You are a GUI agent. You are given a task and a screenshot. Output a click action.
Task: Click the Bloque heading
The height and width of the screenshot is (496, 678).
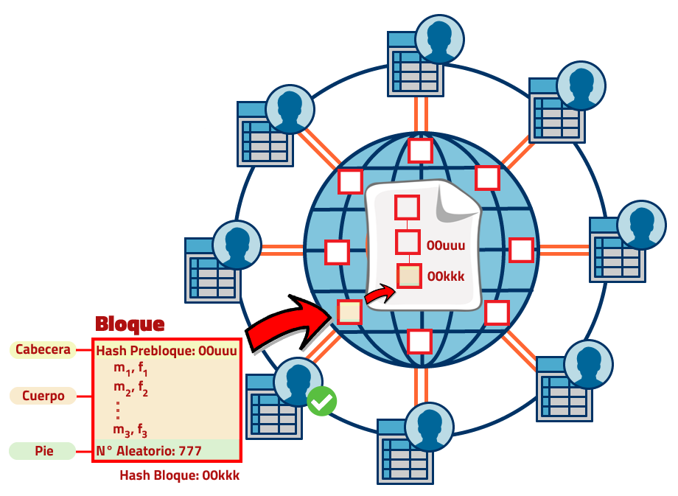pyautogui.click(x=130, y=324)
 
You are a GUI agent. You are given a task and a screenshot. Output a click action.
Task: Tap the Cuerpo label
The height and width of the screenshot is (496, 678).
pyautogui.click(x=43, y=396)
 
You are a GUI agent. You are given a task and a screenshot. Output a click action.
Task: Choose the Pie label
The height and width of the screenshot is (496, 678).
pyautogui.click(x=43, y=450)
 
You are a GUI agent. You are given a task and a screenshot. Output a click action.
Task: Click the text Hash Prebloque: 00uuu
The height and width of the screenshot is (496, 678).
pyautogui.click(x=167, y=351)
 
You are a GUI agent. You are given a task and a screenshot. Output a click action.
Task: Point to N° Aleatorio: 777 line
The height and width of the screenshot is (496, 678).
pyautogui.click(x=149, y=450)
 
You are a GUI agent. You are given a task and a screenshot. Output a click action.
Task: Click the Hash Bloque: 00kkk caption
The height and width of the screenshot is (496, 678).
pyautogui.click(x=179, y=476)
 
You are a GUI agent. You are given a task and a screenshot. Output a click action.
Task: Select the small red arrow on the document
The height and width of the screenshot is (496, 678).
pyautogui.click(x=380, y=293)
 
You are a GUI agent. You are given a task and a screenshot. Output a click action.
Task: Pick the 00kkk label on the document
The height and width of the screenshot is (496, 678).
pyautogui.click(x=446, y=277)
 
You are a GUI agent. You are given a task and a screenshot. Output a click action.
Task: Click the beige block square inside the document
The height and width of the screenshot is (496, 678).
pyautogui.click(x=409, y=276)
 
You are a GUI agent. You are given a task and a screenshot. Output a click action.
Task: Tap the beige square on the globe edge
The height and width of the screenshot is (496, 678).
pyautogui.click(x=349, y=312)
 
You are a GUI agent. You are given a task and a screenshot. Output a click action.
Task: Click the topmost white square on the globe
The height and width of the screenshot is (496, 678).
pyautogui.click(x=420, y=150)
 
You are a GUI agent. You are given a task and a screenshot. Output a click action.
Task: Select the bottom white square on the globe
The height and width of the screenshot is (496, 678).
pyautogui.click(x=419, y=341)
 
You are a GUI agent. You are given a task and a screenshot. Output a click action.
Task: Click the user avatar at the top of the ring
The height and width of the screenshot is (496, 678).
pyautogui.click(x=439, y=38)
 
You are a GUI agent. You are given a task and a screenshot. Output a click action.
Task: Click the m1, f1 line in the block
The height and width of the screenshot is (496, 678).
pyautogui.click(x=131, y=368)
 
